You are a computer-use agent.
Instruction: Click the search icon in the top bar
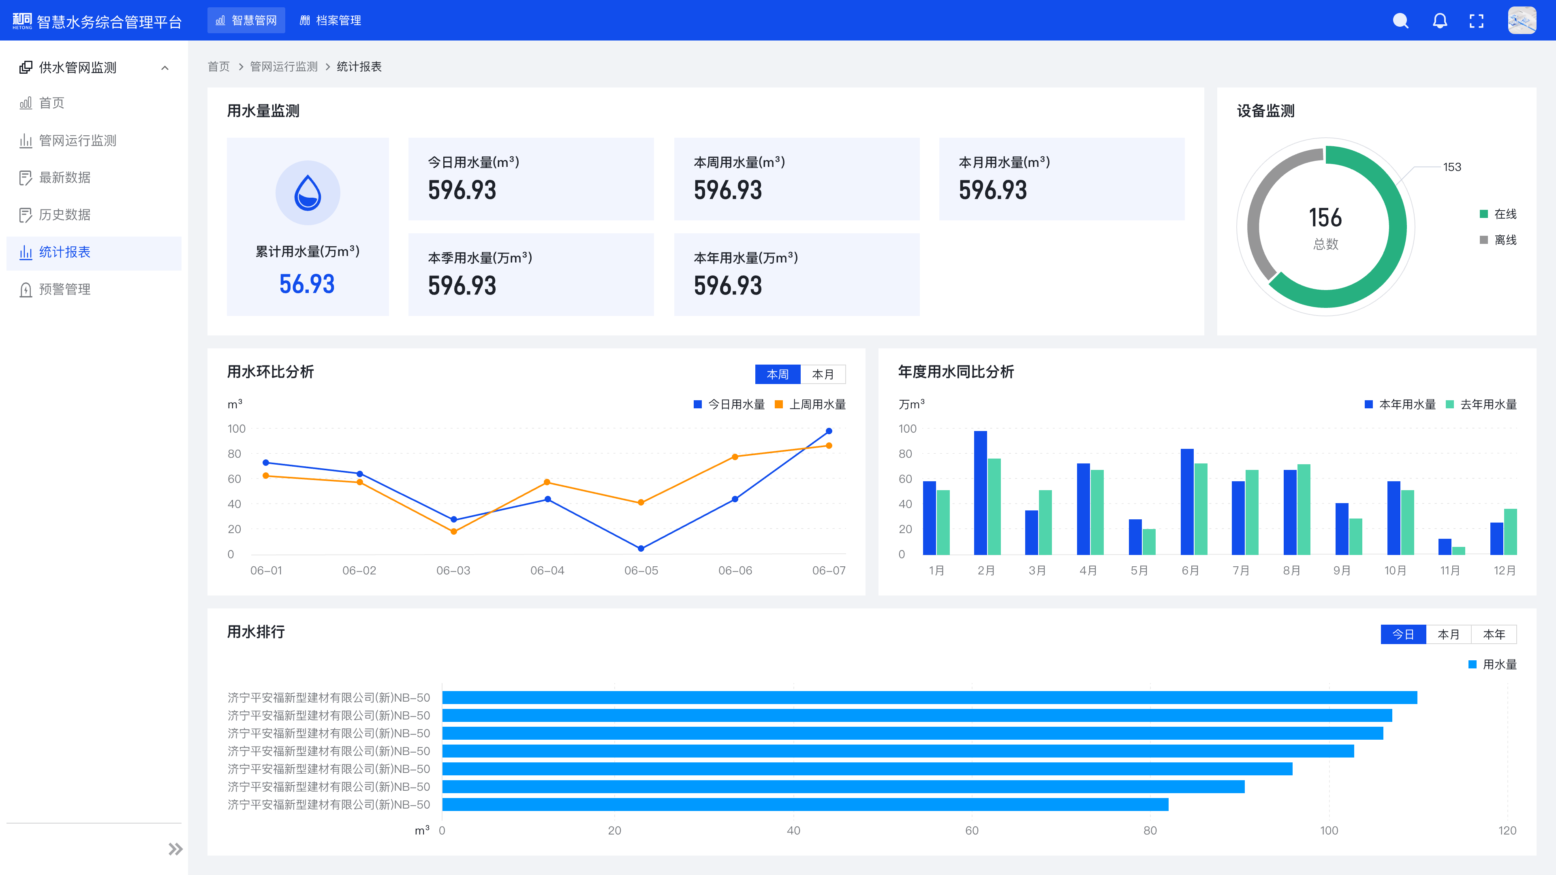coord(1400,21)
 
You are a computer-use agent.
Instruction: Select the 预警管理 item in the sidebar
coord(65,289)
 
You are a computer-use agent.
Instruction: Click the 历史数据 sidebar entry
coord(65,215)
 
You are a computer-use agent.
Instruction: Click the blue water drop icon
coord(308,193)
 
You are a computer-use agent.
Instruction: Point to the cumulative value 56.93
coord(307,284)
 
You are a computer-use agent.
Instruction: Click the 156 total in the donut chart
coord(1325,218)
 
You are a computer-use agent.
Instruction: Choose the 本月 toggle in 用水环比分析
coord(823,374)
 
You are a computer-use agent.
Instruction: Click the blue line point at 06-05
coord(641,548)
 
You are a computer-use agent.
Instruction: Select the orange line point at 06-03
coord(454,531)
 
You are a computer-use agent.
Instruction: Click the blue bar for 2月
coord(980,492)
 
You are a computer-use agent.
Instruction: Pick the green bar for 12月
coord(1510,531)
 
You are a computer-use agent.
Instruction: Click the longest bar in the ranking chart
coord(929,698)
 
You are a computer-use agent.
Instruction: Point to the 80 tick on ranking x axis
coord(1150,830)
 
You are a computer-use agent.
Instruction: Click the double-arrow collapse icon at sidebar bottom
coord(175,849)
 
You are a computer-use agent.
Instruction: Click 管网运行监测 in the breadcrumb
coord(283,66)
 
